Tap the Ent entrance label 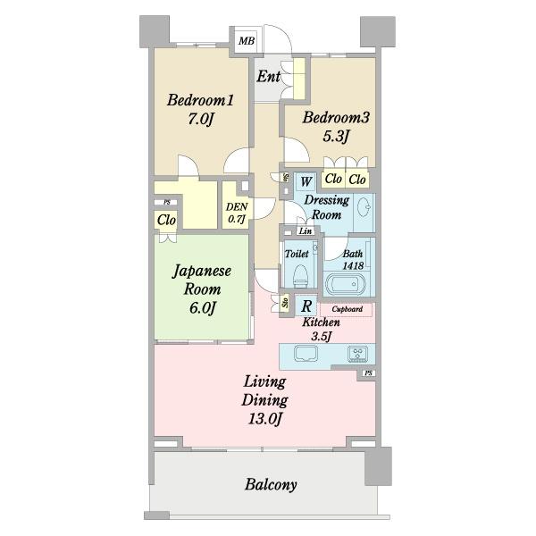268,77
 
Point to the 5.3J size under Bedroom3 337,136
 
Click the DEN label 237,206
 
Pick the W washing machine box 306,180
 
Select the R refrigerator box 306,306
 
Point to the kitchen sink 304,356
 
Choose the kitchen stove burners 362,354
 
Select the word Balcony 271,486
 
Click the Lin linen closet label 306,232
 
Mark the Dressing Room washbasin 364,209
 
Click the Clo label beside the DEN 166,221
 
